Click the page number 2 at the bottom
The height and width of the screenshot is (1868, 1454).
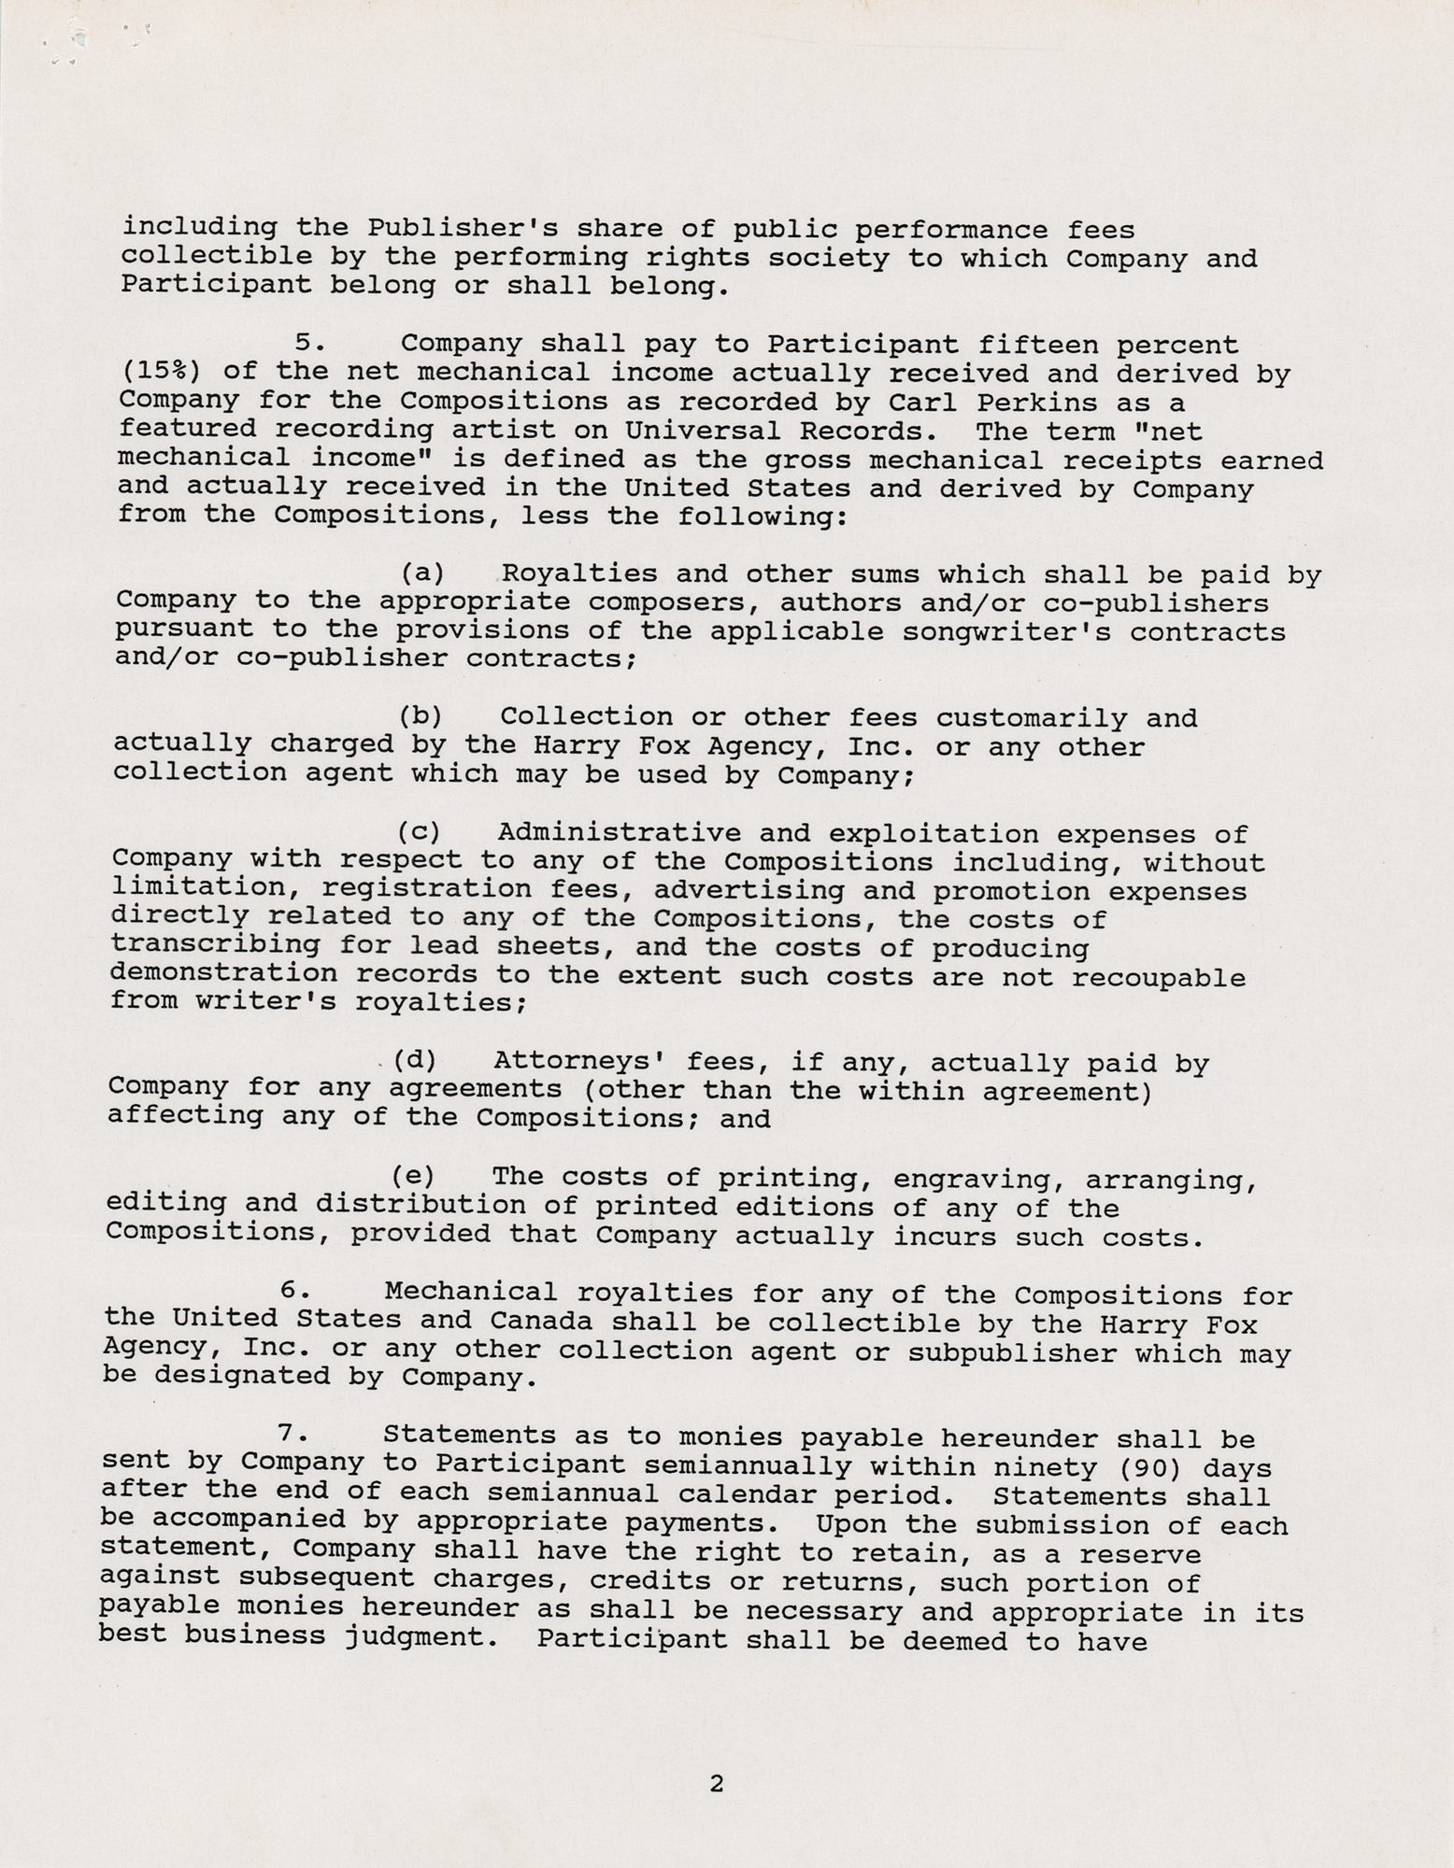click(x=716, y=1784)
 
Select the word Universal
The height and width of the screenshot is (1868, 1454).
click(x=695, y=432)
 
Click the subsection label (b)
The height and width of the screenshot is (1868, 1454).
click(x=421, y=716)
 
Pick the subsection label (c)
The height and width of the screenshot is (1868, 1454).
click(x=418, y=831)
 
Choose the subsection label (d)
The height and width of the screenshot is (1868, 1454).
click(x=415, y=1060)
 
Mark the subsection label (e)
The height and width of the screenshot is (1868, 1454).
click(x=413, y=1175)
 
